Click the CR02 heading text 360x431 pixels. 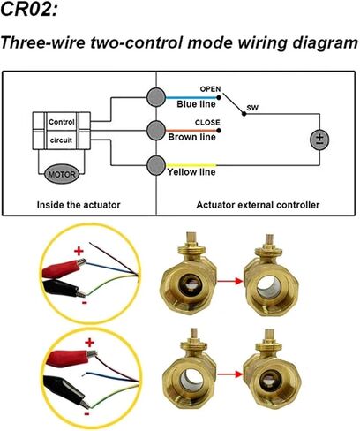pos(29,9)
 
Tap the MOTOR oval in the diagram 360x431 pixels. pos(62,174)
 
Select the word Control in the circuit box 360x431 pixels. pos(62,122)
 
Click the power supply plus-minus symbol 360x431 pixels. pos(319,140)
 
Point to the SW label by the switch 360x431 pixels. pos(252,108)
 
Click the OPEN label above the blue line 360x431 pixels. pos(210,89)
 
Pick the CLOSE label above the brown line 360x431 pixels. pos(207,122)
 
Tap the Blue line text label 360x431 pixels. pos(196,104)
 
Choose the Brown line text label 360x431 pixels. pos(191,137)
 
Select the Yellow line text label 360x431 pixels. pos(191,172)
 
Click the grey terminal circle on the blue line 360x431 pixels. pos(155,97)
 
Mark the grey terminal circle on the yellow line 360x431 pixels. pos(155,165)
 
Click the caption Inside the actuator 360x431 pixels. pos(79,205)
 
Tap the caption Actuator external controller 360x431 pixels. pos(258,205)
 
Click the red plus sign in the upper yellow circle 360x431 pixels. pos(79,251)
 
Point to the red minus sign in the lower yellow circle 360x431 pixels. pos(87,414)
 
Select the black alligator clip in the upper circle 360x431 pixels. pos(64,288)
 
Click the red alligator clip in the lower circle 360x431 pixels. pos(71,357)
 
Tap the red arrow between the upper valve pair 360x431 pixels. pos(230,281)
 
